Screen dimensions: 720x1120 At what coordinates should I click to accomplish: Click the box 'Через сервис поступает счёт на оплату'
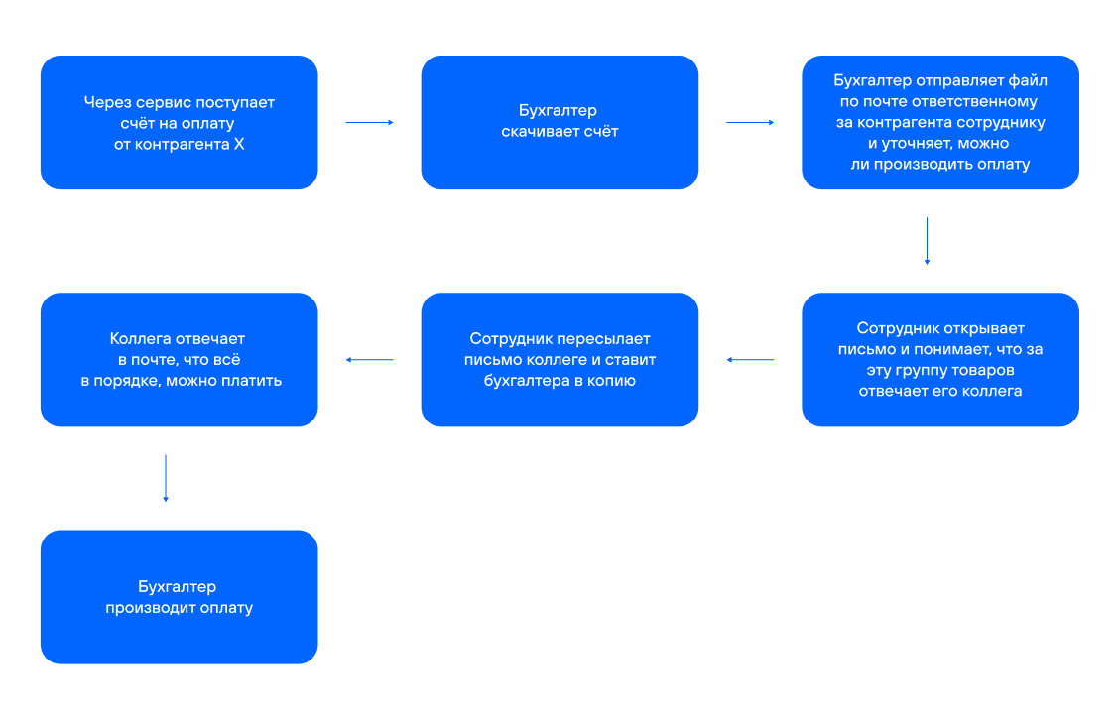[179, 122]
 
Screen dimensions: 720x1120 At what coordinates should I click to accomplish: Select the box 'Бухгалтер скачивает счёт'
[560, 122]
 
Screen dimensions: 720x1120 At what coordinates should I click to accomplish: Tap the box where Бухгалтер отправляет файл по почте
[939, 122]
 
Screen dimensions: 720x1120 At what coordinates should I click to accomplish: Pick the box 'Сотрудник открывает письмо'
[939, 359]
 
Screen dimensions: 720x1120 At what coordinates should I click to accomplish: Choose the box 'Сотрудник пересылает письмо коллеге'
[560, 359]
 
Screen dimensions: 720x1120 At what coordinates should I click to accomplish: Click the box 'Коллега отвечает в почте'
[179, 359]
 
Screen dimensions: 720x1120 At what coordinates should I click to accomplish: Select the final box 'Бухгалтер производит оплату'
[179, 596]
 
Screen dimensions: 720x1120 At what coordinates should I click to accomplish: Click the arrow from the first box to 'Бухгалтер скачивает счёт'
[369, 122]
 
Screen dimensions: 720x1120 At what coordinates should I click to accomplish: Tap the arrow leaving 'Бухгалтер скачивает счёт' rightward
[750, 122]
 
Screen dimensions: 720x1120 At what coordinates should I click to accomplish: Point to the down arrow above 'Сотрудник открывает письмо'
[927, 240]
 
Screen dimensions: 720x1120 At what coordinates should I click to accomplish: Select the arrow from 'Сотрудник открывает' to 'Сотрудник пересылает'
[750, 360]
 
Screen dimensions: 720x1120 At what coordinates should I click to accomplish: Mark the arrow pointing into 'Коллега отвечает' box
[369, 360]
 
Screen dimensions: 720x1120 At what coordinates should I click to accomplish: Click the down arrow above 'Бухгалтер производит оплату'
[166, 478]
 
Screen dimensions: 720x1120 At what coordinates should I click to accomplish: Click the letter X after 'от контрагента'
[238, 144]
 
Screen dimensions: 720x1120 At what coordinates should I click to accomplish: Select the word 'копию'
[613, 380]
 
